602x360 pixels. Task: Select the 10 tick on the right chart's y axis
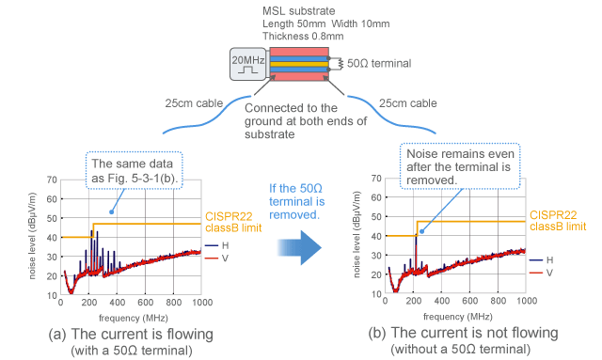point(375,294)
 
